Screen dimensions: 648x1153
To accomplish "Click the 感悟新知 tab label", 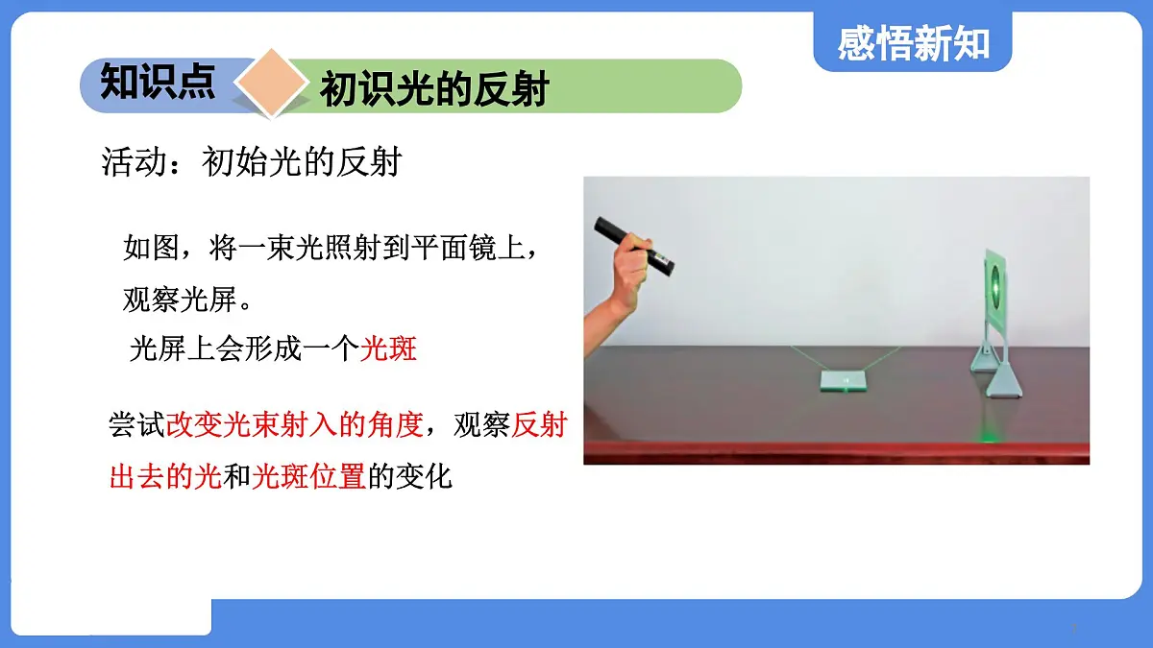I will coord(912,43).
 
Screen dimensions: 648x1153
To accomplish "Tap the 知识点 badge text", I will coord(158,83).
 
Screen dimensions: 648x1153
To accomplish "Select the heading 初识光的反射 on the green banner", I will coord(433,89).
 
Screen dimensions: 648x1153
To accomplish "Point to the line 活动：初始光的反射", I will coord(251,162).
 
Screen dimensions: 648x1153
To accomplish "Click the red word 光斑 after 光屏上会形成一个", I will coord(388,348).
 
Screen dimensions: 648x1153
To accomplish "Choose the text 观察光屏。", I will coord(188,300).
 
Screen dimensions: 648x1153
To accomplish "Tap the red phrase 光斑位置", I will coord(308,475).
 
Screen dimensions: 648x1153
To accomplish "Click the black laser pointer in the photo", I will coord(634,244).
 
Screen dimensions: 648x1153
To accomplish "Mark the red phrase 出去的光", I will coord(165,475).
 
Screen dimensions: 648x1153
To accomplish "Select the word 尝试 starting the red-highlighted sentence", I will coord(137,425).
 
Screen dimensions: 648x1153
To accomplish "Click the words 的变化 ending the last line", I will coord(410,475).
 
